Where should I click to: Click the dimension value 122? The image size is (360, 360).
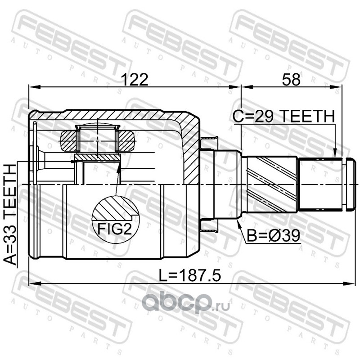[135, 80]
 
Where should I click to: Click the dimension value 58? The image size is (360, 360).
[291, 80]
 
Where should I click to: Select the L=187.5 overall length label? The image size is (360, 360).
[190, 275]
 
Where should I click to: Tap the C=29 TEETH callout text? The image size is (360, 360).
[284, 116]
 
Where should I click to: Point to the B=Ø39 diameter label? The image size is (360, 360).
[273, 235]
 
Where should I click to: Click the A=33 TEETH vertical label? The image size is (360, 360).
[10, 215]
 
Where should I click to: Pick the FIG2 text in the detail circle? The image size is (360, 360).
[115, 229]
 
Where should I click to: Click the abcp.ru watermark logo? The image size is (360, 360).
[186, 303]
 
